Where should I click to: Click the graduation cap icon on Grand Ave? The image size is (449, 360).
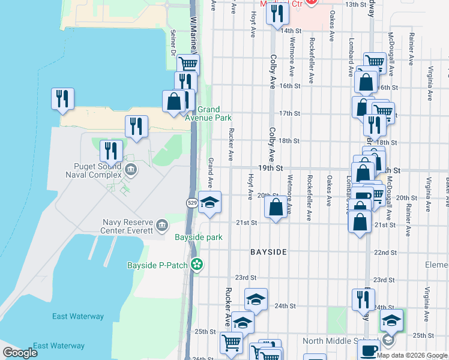pos(209,203)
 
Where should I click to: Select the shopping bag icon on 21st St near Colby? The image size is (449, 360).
pos(276,208)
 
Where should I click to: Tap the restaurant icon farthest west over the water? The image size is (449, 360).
pos(62,99)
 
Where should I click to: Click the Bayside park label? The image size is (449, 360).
pos(199,238)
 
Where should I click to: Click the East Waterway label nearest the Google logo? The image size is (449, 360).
pos(59,346)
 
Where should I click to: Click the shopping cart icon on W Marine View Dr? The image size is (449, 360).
pos(188,64)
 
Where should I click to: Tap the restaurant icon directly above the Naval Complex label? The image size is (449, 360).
pos(111,151)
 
